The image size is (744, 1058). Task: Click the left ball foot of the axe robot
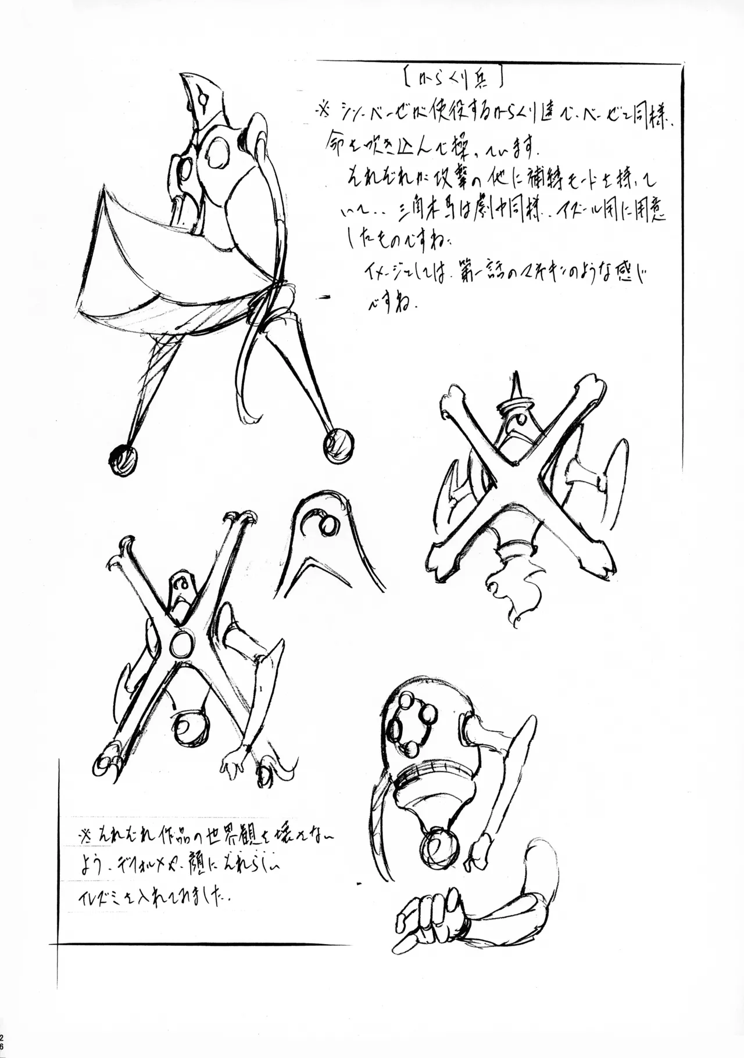[123, 461]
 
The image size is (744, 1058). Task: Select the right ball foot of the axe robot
[338, 446]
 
